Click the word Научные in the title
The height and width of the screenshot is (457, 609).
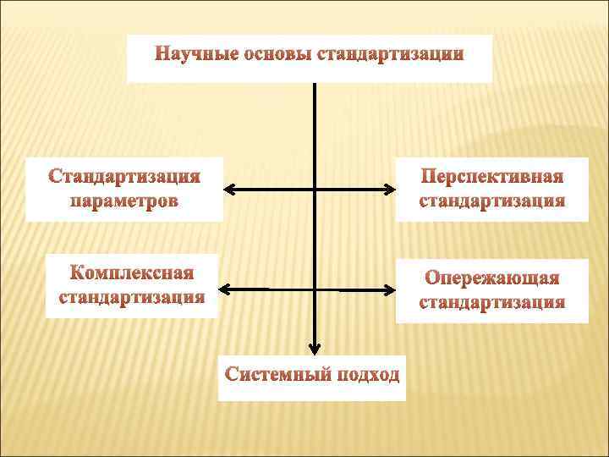[x=196, y=55]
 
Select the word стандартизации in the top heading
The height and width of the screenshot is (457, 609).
[x=390, y=55]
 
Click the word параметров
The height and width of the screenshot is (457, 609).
[x=124, y=201]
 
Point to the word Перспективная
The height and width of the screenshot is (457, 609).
[x=492, y=177]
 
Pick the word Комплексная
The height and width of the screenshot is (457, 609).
[x=132, y=273]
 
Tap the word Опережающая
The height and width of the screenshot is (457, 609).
[x=492, y=278]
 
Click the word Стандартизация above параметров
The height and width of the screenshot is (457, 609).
[x=124, y=177]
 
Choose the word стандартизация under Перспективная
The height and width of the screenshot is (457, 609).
[x=492, y=201]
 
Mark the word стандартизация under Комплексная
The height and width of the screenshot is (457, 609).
[x=132, y=298]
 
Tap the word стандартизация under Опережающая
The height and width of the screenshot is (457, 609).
[x=492, y=303]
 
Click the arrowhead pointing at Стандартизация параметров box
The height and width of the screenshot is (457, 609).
[x=230, y=189]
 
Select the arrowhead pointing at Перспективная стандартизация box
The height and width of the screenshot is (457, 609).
[x=390, y=189]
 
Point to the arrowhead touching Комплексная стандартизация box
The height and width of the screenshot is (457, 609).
[x=224, y=289]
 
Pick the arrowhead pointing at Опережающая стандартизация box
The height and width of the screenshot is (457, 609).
[x=390, y=290]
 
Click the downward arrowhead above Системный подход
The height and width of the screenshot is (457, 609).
[x=315, y=347]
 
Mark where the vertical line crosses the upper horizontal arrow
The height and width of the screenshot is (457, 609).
[x=315, y=189]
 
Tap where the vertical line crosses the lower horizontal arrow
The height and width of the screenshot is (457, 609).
[x=315, y=289]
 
